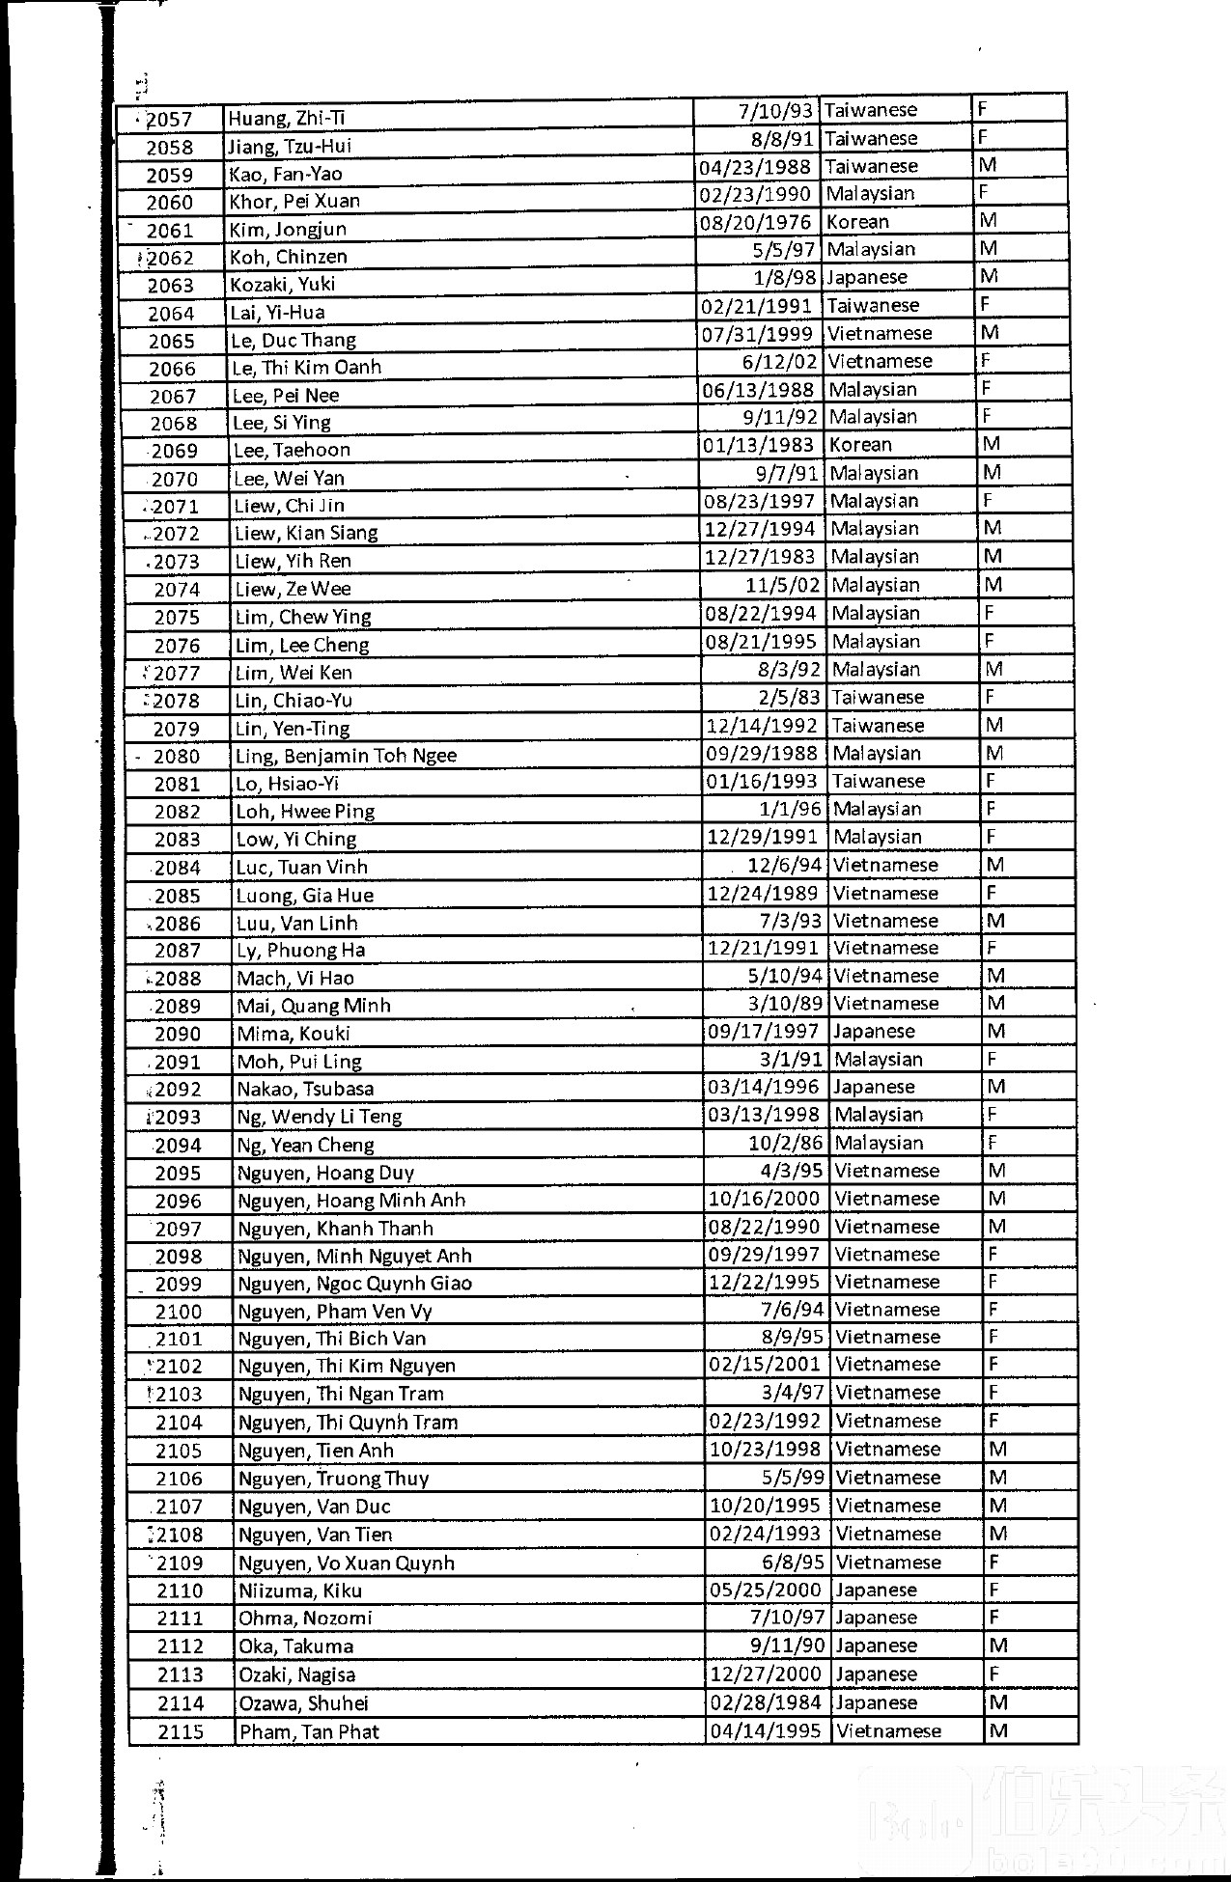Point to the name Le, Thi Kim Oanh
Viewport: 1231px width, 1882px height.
click(306, 367)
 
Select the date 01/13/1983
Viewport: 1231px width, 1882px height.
click(760, 445)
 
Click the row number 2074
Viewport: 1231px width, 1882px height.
click(177, 589)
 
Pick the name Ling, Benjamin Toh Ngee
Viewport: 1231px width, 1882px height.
click(346, 756)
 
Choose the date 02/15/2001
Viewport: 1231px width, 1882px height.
click(764, 1364)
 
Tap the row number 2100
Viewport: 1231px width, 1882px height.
click(179, 1311)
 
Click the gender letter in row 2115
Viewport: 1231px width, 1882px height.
click(998, 1730)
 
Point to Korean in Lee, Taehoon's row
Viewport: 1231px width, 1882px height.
click(860, 445)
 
